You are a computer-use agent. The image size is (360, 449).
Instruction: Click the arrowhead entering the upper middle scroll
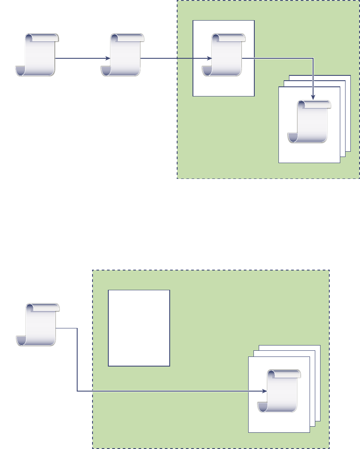(x=108, y=58)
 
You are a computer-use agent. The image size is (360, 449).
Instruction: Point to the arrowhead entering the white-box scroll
(x=210, y=58)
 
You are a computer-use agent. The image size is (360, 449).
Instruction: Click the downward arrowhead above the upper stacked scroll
(x=313, y=96)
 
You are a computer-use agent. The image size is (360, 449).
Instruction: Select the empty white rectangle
(x=139, y=328)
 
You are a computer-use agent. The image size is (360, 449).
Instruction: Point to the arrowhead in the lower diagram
(x=264, y=391)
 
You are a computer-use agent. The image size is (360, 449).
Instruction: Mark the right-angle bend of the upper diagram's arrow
(x=313, y=58)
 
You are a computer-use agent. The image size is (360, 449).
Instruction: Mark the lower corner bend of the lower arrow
(x=77, y=391)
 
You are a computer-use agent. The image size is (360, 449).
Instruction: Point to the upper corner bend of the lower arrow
(x=77, y=328)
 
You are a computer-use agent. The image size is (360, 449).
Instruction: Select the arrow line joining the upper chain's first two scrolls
(x=81, y=58)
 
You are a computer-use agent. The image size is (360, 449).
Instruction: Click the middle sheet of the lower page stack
(x=313, y=354)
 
